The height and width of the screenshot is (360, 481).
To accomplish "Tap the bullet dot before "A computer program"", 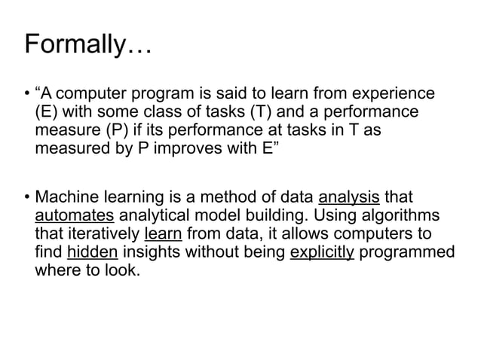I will click(28, 95).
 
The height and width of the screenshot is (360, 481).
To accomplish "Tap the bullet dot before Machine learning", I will click(28, 198).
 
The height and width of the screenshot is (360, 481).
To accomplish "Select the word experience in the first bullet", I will click(394, 94).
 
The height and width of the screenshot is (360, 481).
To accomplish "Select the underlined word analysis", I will click(349, 198).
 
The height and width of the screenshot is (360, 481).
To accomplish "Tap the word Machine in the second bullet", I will click(67, 198).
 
